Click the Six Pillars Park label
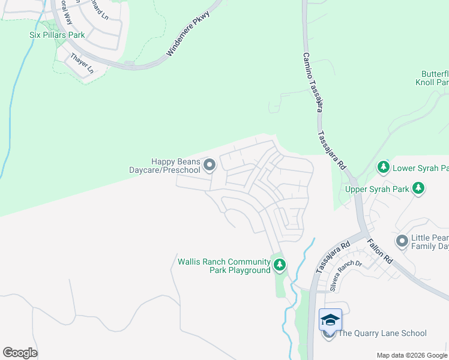tap(57, 35)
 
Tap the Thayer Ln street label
tap(83, 63)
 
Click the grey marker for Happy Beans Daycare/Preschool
tap(209, 164)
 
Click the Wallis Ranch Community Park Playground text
tap(224, 266)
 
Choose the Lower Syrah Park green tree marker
tap(382, 167)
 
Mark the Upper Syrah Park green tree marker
tap(418, 190)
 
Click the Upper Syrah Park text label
tap(377, 190)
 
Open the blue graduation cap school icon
tap(330, 319)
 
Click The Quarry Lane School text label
tap(383, 334)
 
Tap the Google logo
tap(20, 353)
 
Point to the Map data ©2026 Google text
tap(411, 355)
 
